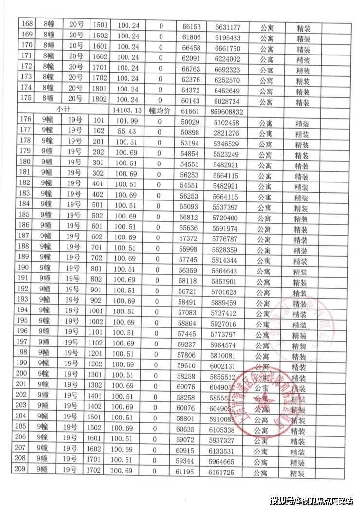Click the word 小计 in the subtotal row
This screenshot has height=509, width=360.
pos(63,110)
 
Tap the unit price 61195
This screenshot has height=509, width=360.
pos(187,472)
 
